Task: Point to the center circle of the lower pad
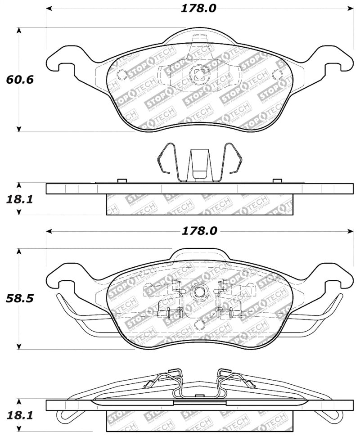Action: [x=198, y=292]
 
